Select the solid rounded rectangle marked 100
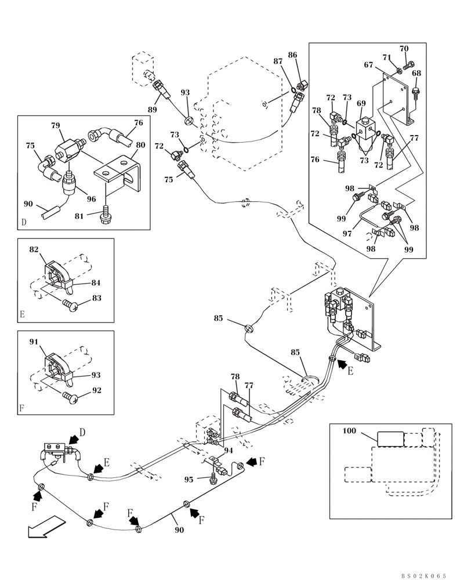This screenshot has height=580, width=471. (x=390, y=439)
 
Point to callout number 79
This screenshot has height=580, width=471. (x=56, y=125)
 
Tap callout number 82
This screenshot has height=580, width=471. (x=34, y=249)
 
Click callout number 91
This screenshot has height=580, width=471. (x=34, y=342)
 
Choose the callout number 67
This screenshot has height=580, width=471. (x=368, y=66)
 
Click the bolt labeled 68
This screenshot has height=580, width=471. (x=415, y=92)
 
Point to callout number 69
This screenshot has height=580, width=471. (x=361, y=103)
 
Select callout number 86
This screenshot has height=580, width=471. (x=293, y=55)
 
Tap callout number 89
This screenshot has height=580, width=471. (x=152, y=108)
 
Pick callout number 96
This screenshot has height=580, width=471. (x=91, y=198)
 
